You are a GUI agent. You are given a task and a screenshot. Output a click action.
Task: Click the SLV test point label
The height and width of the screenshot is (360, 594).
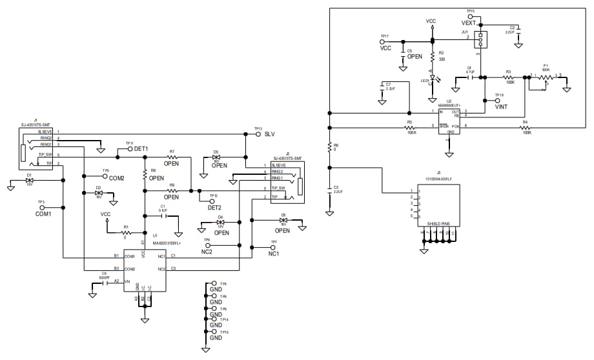[x=270, y=134]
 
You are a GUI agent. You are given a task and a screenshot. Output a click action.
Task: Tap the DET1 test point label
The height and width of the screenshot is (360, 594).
[x=141, y=149]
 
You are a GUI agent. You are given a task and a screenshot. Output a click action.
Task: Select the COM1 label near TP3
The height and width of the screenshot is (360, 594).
[x=43, y=214]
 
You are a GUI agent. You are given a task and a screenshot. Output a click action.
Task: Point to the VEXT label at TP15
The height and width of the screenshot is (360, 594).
[x=468, y=23]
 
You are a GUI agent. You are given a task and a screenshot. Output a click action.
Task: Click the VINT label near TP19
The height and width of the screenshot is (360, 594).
[x=501, y=108]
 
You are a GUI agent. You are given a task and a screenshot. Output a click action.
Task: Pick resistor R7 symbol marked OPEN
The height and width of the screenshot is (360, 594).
[x=172, y=157]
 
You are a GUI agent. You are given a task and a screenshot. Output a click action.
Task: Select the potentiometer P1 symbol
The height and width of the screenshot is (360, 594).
[x=546, y=77]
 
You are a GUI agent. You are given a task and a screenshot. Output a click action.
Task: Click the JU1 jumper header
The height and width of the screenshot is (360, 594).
[x=480, y=39]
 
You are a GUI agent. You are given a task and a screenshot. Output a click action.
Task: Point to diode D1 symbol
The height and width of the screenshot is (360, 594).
[x=29, y=180]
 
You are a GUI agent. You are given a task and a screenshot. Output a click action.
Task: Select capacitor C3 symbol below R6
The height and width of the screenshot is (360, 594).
[x=330, y=189]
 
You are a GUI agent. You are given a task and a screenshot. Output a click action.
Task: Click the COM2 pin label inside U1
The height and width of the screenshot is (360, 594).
[x=129, y=268]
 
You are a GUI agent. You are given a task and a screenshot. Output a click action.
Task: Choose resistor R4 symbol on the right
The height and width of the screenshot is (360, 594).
[x=526, y=126]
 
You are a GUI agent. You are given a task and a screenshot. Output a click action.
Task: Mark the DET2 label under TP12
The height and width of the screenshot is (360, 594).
[x=214, y=208]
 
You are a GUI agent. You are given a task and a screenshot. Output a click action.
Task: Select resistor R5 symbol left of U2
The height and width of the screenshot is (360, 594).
[x=411, y=126]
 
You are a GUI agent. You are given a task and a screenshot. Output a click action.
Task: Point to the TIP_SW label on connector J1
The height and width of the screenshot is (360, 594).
[x=45, y=155]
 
